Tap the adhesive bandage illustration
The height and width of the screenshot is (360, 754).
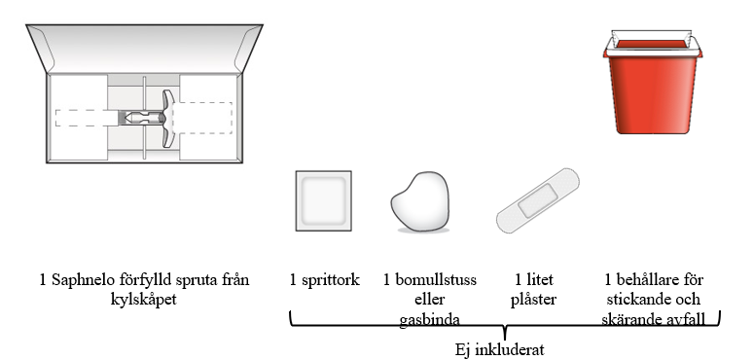[x=538, y=200]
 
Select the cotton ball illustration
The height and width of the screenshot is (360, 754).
[x=420, y=201]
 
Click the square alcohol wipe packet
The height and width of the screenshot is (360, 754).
[x=324, y=200]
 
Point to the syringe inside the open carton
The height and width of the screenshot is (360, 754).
[x=144, y=118]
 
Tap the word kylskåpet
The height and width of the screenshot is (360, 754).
[x=144, y=300]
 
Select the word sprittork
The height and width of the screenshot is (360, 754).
[x=330, y=280]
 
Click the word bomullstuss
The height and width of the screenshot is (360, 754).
[x=435, y=280]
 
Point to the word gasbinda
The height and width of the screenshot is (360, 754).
[x=429, y=320]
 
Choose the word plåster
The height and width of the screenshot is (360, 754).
[x=533, y=300]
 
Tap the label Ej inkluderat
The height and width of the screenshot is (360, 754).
[x=500, y=349]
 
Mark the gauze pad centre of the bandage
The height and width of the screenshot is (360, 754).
[x=538, y=200]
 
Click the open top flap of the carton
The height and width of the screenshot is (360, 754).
[x=144, y=49]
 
